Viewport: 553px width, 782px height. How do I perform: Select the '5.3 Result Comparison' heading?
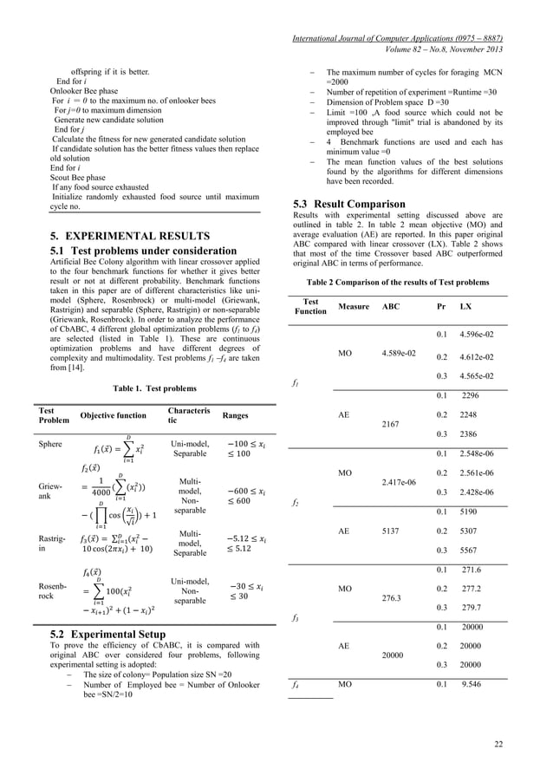[355, 204]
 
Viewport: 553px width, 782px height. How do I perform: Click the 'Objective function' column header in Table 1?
[114, 416]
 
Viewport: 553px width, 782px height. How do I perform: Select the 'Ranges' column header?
[236, 416]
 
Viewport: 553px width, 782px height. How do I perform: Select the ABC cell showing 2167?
[392, 425]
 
